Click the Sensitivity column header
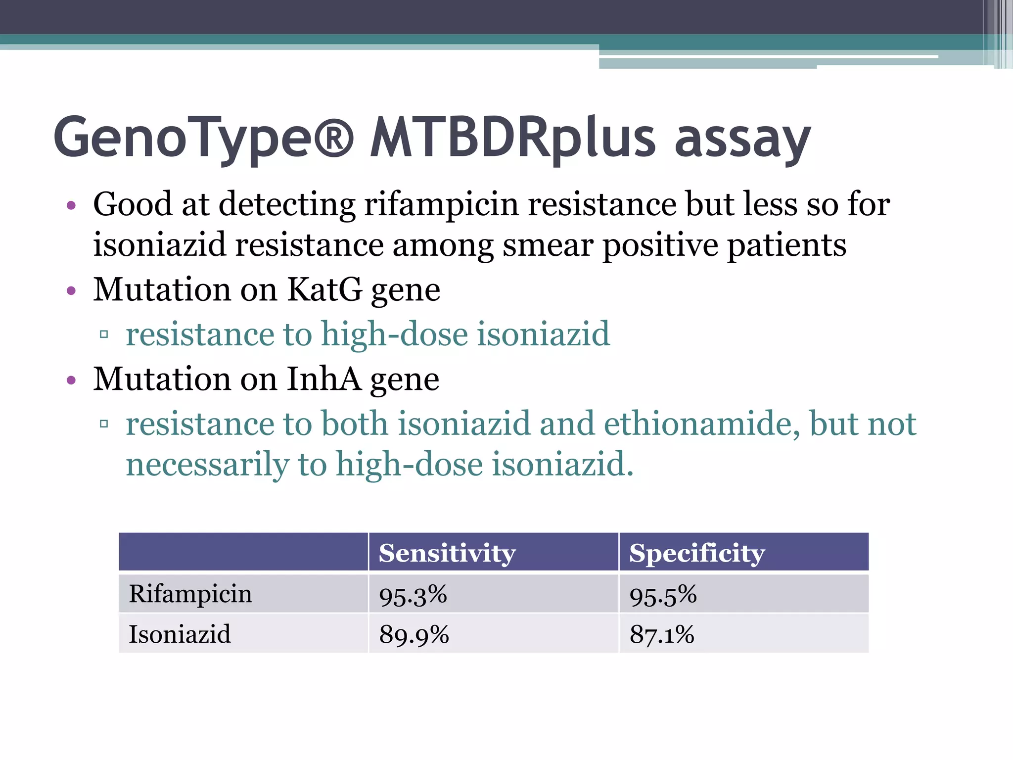coord(447,553)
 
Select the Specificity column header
coord(696,553)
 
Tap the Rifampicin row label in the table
coord(190,594)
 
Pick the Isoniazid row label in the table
coord(180,634)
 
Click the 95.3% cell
coord(413,595)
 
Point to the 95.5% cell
coord(663,595)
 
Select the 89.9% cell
coord(414,635)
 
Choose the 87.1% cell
coord(662,635)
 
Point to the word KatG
coord(324,289)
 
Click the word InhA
coord(324,380)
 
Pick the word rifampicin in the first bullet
coord(441,204)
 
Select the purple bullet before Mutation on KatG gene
coord(71,290)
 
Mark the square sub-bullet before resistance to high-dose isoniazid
coord(104,334)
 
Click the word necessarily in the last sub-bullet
coord(207,465)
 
